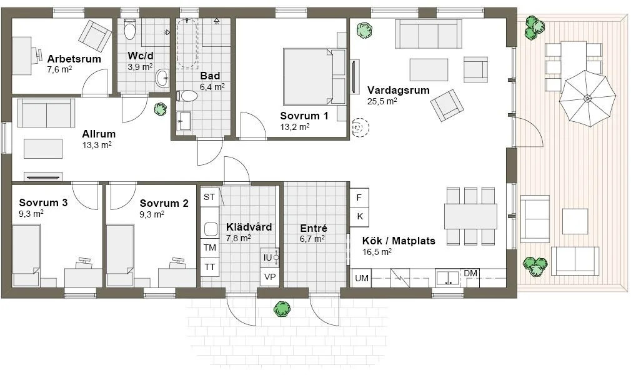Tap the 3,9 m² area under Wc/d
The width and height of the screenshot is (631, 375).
click(x=140, y=67)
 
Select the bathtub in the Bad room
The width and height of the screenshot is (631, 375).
click(x=188, y=42)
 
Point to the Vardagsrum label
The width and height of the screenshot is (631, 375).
click(x=398, y=90)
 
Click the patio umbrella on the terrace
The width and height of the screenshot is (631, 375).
click(x=587, y=98)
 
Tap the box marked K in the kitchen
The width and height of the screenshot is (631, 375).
click(x=359, y=216)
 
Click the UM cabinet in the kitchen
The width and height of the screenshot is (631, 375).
click(x=361, y=278)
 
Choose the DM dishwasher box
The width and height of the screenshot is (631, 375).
click(x=470, y=274)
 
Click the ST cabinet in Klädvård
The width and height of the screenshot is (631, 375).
click(x=209, y=197)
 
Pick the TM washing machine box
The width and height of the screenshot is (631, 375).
click(x=209, y=248)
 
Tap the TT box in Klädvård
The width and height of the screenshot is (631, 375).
click(x=209, y=267)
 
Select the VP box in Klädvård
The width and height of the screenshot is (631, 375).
click(x=270, y=277)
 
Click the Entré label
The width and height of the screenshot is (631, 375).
click(x=314, y=228)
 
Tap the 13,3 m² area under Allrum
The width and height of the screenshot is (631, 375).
click(x=97, y=144)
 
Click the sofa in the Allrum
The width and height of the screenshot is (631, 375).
click(x=46, y=113)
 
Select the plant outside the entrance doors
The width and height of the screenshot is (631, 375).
click(x=282, y=307)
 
